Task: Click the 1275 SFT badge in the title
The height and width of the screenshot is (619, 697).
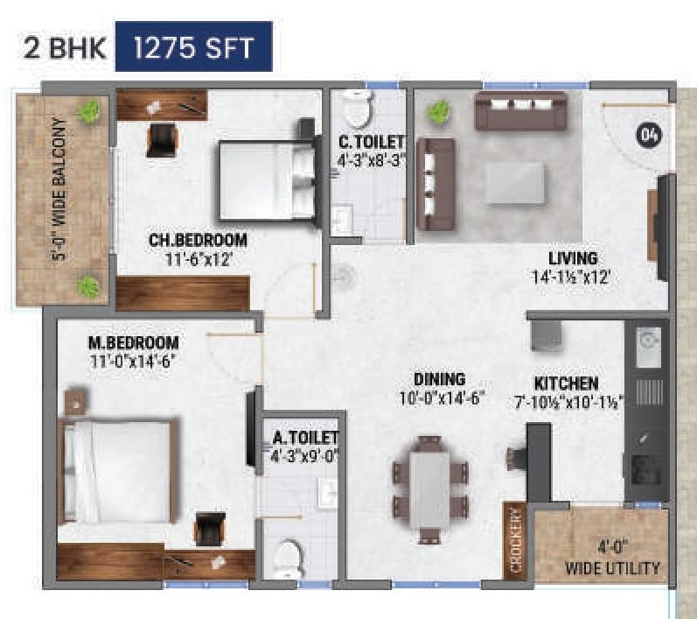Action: click(x=194, y=47)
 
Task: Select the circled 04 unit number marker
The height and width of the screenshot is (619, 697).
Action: click(x=649, y=135)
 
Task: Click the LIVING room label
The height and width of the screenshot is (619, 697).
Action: click(x=573, y=258)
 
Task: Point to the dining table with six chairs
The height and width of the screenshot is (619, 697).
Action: click(x=429, y=480)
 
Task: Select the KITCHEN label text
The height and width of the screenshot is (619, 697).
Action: click(x=567, y=383)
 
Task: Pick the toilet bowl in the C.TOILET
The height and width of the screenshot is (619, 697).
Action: click(x=358, y=109)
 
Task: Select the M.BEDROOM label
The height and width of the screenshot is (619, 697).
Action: click(x=133, y=342)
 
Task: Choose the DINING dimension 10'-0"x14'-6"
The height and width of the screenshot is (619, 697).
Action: click(x=439, y=398)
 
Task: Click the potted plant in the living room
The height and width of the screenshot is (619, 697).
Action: click(x=438, y=113)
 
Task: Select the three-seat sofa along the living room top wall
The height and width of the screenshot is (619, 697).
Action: click(x=516, y=109)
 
